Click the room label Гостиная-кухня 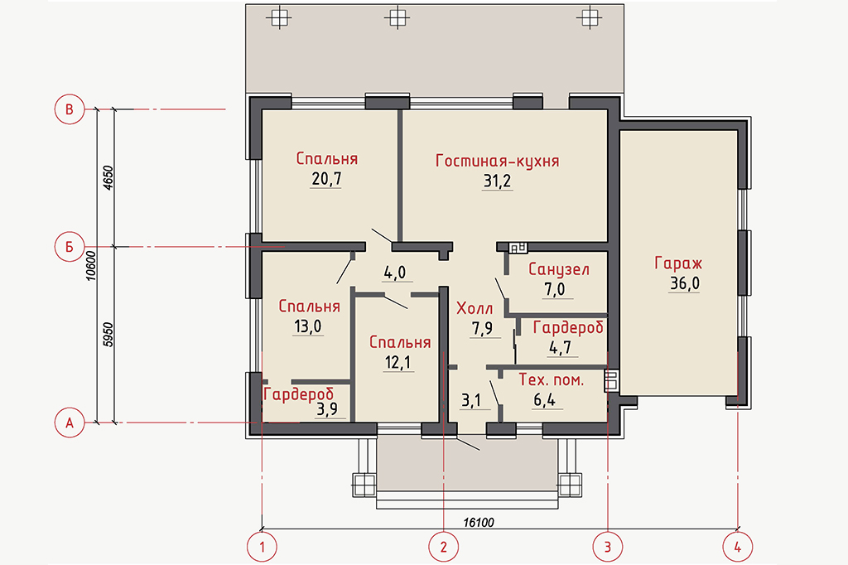[497, 162]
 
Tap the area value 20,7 [326, 179]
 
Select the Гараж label [678, 263]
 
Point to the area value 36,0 [685, 283]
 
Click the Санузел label [559, 269]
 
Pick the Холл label [475, 308]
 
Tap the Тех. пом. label [551, 380]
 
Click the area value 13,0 [308, 326]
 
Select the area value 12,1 [398, 363]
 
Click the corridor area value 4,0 [395, 273]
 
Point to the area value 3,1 [471, 400]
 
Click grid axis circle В [70, 109]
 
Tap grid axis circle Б [70, 247]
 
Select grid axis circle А [70, 423]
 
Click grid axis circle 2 [444, 547]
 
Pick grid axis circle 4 [738, 547]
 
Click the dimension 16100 [479, 522]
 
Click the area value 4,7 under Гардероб [561, 347]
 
